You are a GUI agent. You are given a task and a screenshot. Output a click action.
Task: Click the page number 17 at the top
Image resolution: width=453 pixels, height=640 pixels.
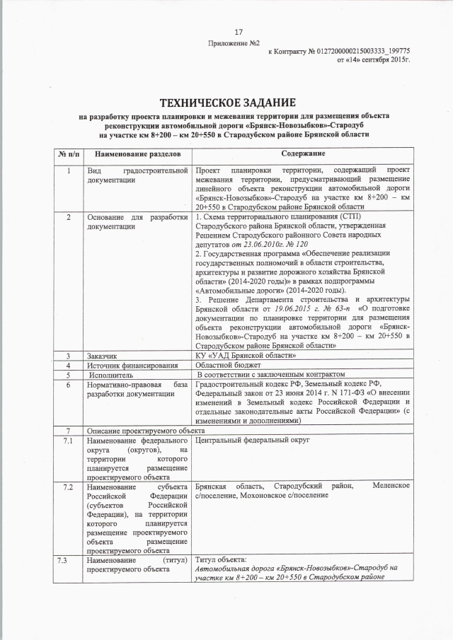click(x=239, y=32)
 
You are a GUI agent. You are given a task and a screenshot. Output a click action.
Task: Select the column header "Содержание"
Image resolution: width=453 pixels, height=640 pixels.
click(x=302, y=153)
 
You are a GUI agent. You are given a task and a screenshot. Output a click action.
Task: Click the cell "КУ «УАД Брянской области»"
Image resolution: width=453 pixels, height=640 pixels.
click(x=246, y=356)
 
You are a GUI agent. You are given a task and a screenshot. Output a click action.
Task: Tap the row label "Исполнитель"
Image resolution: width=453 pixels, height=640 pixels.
click(x=106, y=374)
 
